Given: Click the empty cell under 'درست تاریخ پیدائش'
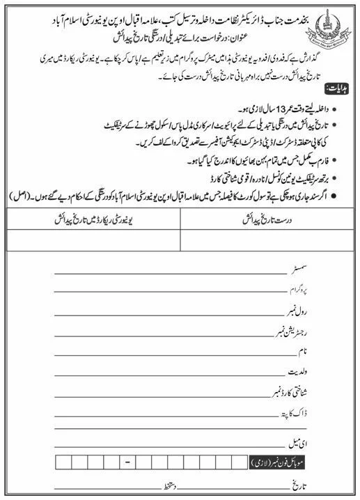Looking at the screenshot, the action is tap(267, 239).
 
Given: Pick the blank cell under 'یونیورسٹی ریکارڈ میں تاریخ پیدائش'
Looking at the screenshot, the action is tap(93, 239).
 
